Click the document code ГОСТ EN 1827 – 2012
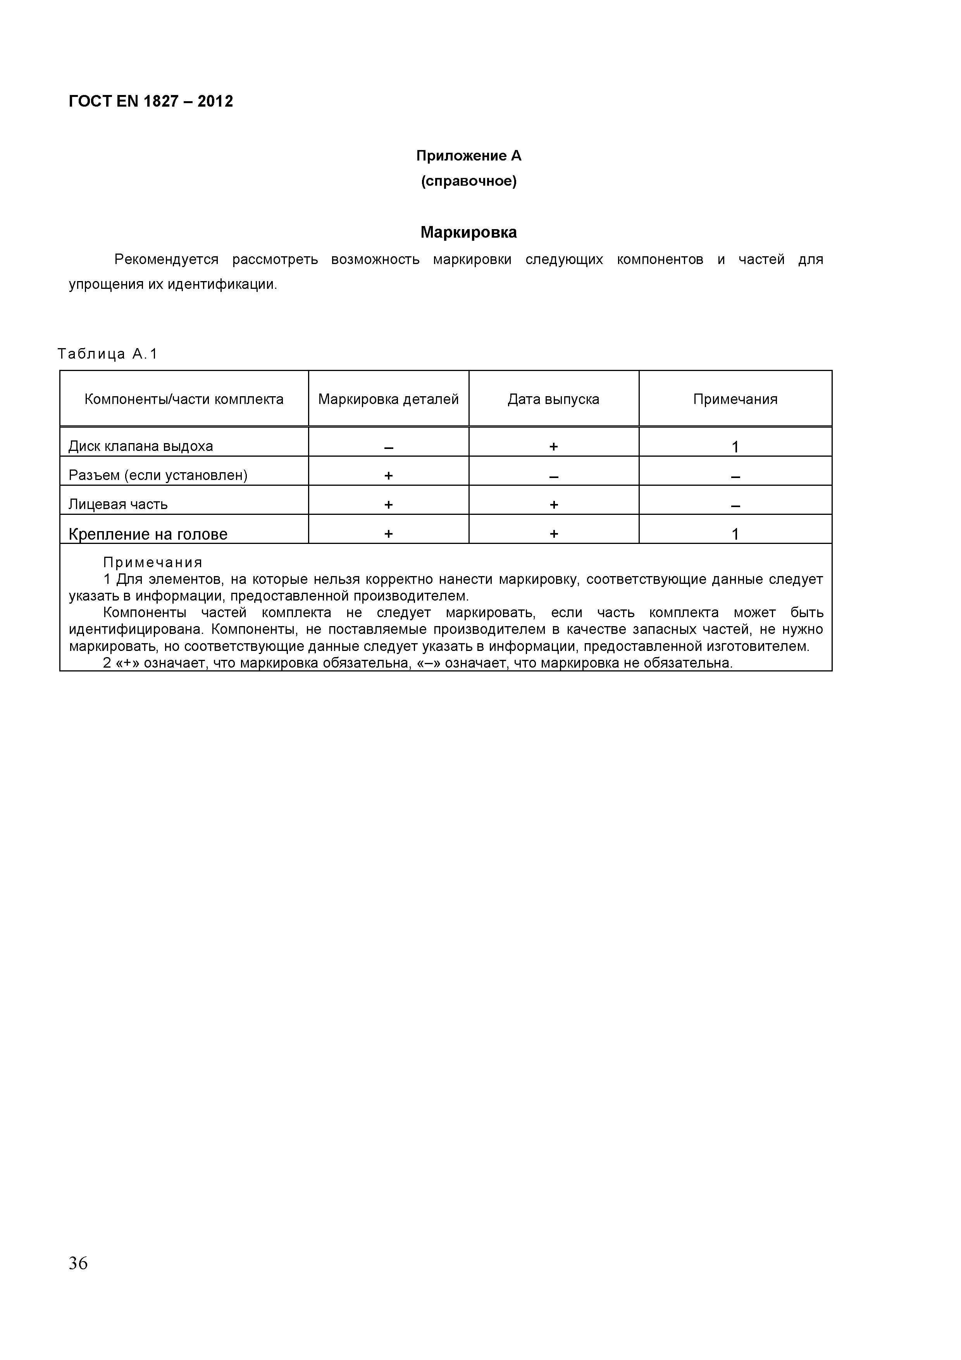click(151, 101)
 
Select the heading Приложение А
click(468, 156)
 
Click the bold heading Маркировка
click(468, 232)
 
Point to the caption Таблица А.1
click(108, 354)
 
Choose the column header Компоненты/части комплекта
click(184, 399)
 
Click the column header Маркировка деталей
click(388, 399)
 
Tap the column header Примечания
click(735, 399)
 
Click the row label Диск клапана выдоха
click(141, 446)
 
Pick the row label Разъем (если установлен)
click(158, 475)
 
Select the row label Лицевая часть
click(119, 504)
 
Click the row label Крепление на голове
click(148, 534)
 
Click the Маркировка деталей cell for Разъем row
click(388, 475)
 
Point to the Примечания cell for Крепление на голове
click(735, 534)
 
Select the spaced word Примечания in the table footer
click(153, 562)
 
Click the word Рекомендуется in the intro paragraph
click(166, 259)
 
